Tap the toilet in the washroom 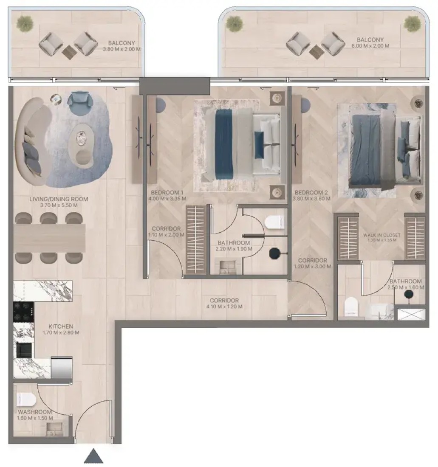(26, 399)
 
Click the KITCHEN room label (61, 326)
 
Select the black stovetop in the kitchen (23, 312)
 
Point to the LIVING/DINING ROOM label (59, 199)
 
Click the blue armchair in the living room (78, 102)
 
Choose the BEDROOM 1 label (167, 192)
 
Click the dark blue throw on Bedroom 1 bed (224, 144)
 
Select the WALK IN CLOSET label (381, 235)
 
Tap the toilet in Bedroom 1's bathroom (274, 222)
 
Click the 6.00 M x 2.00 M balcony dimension (370, 46)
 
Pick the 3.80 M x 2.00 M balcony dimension (122, 49)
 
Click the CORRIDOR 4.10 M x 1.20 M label (224, 304)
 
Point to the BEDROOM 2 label (311, 192)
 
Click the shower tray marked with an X (411, 314)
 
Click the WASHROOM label (35, 412)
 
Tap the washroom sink (54, 429)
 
